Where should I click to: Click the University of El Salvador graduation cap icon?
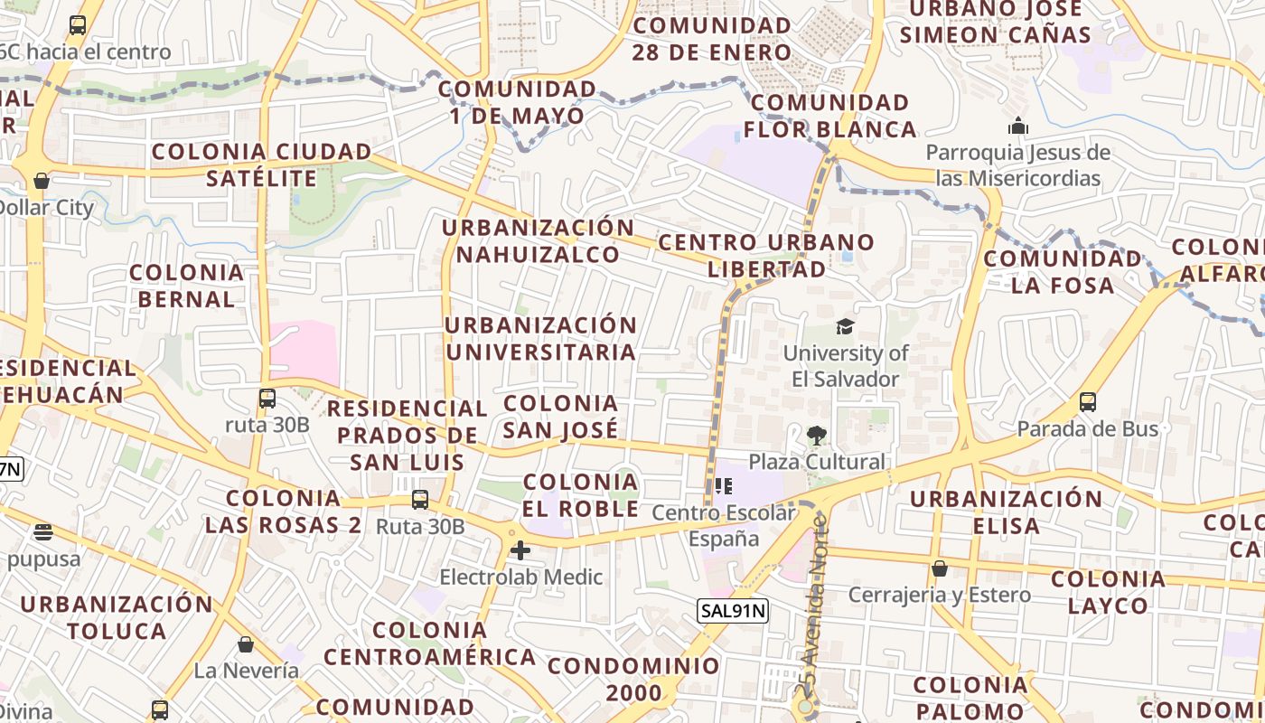(845, 326)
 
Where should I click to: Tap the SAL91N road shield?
(733, 611)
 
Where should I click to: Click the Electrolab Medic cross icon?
(520, 549)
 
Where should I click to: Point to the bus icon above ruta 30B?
(267, 399)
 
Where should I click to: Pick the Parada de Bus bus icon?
(1088, 402)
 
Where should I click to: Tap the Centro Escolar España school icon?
(723, 487)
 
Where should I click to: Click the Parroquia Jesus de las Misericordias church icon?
(1018, 126)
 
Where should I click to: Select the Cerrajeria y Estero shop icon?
(940, 568)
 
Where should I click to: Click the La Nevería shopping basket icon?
(246, 644)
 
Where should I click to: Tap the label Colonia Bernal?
(187, 286)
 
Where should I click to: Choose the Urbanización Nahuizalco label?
(539, 240)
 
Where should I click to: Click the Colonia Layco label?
(1109, 592)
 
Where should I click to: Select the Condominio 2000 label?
(633, 680)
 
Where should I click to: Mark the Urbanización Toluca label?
(117, 616)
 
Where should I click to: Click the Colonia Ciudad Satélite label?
(261, 164)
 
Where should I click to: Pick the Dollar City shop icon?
(41, 181)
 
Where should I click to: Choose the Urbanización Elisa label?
(1007, 512)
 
